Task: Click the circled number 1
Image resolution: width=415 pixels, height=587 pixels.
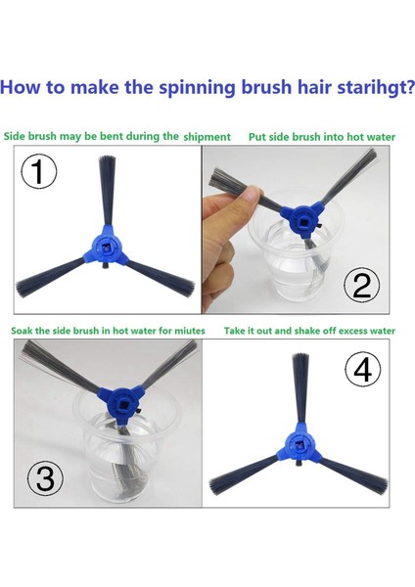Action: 38,172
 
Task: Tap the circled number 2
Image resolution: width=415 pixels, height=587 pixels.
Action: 362,286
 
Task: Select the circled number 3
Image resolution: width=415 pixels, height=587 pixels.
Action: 45,477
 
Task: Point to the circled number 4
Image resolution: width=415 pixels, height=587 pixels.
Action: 362,370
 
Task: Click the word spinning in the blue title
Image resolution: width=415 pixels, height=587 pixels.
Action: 197,88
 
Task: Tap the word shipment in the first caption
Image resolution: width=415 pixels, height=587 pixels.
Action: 207,137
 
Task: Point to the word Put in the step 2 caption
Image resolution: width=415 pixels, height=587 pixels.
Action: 257,137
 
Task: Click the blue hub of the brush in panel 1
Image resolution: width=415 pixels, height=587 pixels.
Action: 106,249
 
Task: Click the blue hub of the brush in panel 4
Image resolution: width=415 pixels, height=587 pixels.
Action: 300,445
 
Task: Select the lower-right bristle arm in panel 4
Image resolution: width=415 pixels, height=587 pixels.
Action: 354,473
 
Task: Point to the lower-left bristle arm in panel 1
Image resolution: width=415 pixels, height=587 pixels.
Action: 51,276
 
